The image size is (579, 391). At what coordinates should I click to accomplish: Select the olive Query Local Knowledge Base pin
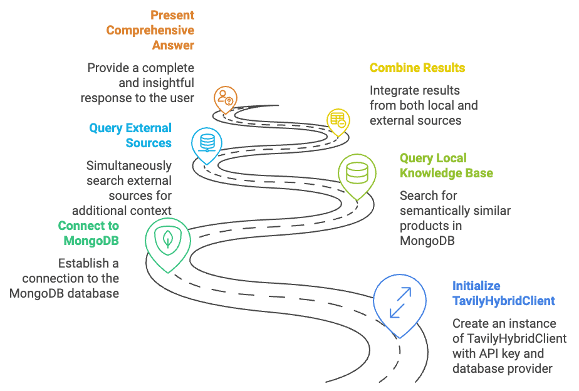coord(357,173)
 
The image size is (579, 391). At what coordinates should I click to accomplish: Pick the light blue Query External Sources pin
coord(207,143)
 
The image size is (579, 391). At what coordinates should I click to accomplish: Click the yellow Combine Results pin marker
coord(338,119)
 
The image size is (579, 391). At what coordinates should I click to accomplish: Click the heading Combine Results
coord(417,68)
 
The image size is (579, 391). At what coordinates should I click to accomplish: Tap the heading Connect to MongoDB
coord(88,233)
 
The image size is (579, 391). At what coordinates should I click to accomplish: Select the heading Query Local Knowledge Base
coord(446,165)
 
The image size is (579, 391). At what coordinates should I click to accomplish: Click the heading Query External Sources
coord(130,135)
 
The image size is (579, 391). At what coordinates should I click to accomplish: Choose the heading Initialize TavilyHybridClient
coord(504,293)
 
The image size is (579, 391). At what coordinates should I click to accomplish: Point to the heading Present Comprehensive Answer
coord(150,30)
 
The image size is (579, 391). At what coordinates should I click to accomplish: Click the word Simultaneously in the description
coord(128,165)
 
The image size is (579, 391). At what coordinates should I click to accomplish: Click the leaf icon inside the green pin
coord(168,237)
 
